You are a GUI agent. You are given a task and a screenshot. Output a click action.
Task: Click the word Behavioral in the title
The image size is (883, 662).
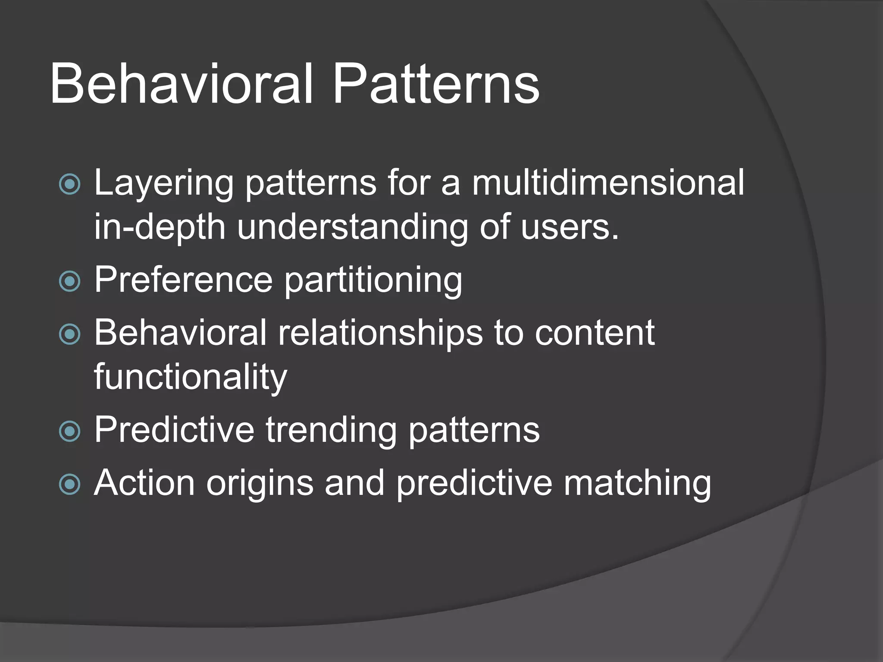tap(181, 84)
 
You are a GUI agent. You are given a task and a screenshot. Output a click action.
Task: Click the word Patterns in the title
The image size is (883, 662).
tap(435, 84)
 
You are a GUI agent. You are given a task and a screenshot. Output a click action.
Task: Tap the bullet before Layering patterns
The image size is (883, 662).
tap(69, 184)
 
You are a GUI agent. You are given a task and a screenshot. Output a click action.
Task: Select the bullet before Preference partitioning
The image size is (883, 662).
tap(69, 281)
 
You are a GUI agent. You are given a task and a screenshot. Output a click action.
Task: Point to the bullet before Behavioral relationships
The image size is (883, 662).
tap(69, 334)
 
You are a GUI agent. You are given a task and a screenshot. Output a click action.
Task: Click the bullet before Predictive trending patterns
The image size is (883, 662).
tap(69, 431)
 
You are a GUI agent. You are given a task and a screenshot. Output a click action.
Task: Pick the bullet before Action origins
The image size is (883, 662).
tap(69, 484)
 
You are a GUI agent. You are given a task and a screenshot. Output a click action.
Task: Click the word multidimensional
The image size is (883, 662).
tap(608, 183)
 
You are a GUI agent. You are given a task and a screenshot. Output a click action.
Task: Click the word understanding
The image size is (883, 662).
tap(353, 227)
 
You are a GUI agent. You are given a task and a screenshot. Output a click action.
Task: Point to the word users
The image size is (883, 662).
tap(569, 227)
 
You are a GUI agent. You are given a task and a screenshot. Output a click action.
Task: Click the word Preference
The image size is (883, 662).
tap(183, 280)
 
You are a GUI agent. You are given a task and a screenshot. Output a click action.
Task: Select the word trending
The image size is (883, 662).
tap(331, 431)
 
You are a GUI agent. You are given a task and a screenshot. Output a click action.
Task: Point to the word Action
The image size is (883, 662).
tap(144, 483)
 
